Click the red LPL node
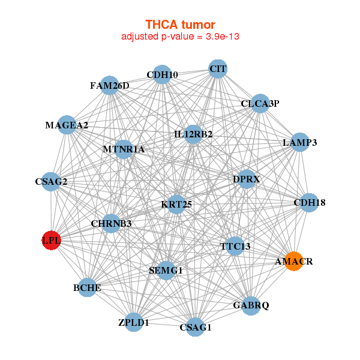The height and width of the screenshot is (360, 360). (x=52, y=241)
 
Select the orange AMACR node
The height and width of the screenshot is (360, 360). (x=293, y=262)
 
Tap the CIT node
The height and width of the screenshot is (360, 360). (x=218, y=69)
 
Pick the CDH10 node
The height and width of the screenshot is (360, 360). (x=162, y=75)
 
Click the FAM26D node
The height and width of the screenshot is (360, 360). (x=110, y=85)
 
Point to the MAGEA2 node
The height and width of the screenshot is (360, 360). (x=67, y=125)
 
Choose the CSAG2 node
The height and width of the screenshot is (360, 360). (x=51, y=181)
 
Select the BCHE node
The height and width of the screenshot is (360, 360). (x=88, y=288)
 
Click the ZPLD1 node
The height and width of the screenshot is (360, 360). (x=134, y=322)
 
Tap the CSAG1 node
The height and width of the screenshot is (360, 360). (x=196, y=327)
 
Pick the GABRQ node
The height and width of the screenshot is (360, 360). (x=251, y=305)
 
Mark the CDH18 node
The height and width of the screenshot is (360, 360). (x=309, y=203)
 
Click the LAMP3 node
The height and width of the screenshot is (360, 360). (x=299, y=143)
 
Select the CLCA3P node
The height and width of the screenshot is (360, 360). (x=260, y=103)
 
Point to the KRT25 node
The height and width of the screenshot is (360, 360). (x=176, y=205)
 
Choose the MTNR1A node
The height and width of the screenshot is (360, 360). (x=124, y=149)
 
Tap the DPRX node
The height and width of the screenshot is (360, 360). (x=246, y=179)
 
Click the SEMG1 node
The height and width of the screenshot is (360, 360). (x=165, y=271)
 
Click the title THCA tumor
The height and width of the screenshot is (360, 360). (x=180, y=25)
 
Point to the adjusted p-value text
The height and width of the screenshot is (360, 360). (x=181, y=37)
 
